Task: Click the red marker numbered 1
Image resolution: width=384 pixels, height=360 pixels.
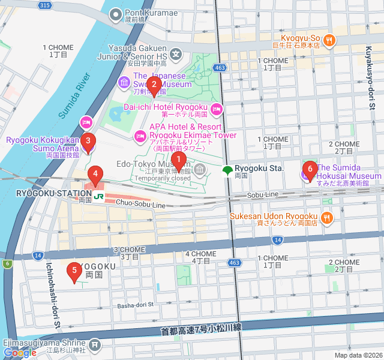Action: point(178,160)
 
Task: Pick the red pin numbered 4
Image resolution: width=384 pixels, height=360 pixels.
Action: point(94,175)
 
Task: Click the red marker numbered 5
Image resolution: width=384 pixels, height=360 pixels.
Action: point(74,272)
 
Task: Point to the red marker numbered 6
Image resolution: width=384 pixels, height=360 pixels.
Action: point(310,170)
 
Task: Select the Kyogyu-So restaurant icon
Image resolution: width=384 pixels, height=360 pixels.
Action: point(329,40)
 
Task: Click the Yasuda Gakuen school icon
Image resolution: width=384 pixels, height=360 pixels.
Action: point(176,55)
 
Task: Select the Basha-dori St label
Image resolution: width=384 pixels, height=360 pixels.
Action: point(136,305)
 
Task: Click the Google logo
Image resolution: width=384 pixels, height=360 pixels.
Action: point(20,353)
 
